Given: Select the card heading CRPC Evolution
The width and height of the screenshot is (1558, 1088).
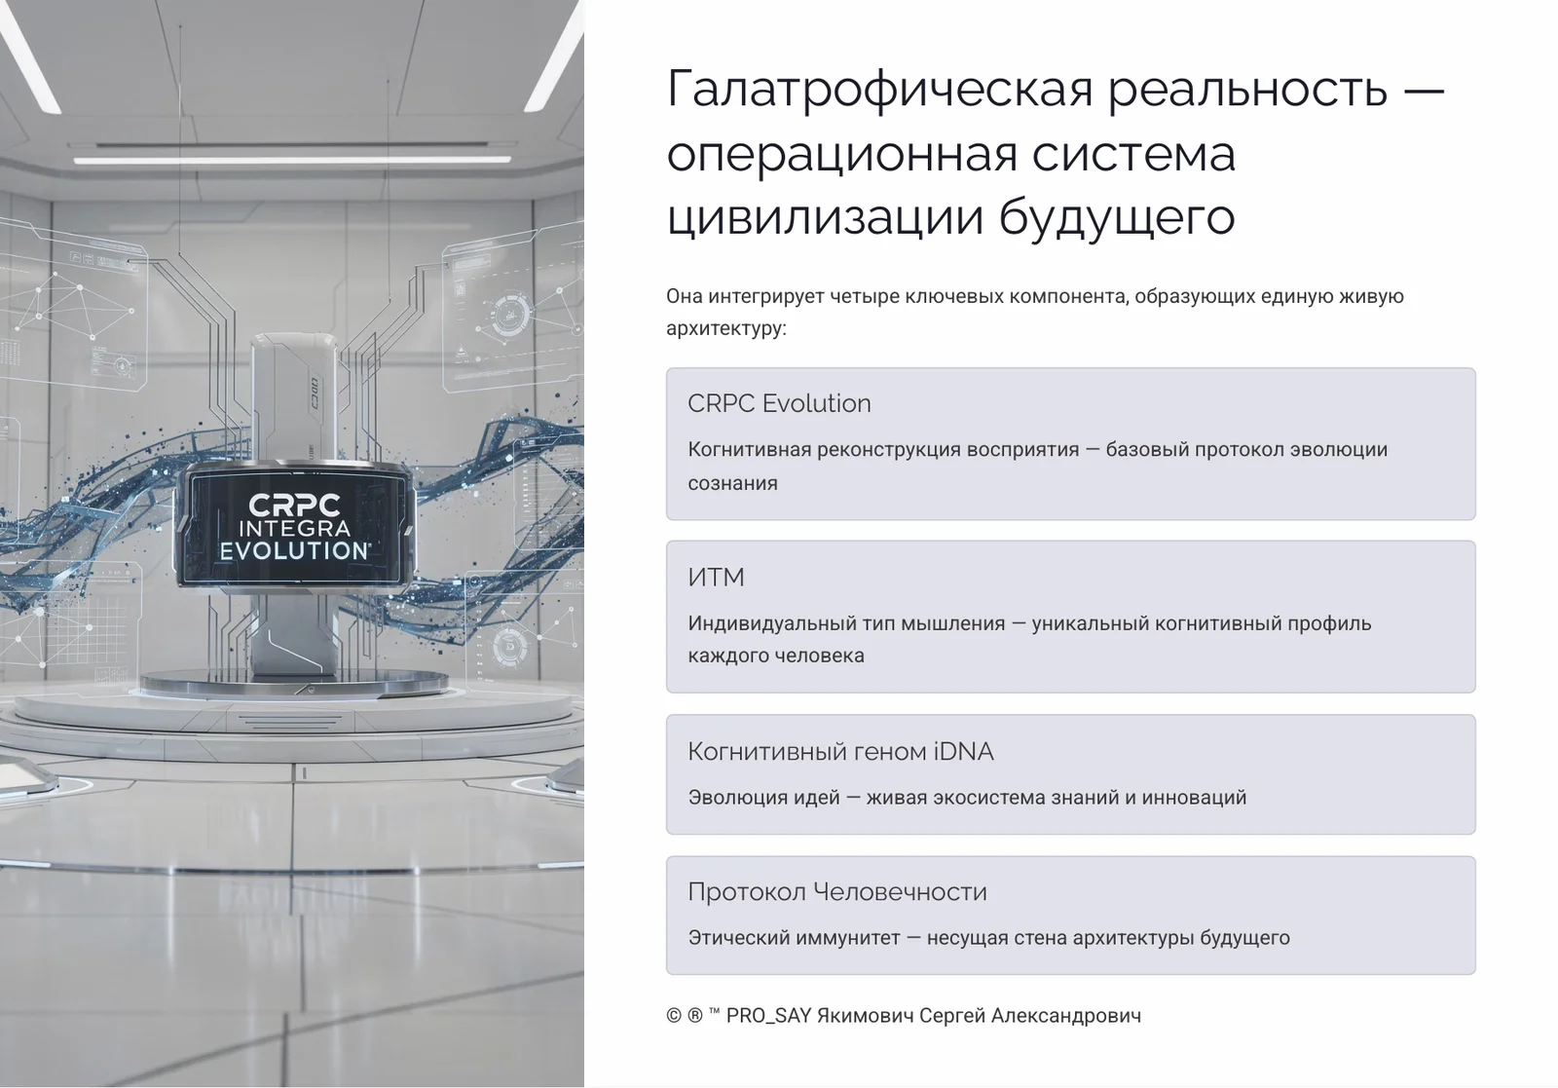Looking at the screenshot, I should pos(779,403).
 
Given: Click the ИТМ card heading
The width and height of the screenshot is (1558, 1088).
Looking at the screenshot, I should pos(716,578).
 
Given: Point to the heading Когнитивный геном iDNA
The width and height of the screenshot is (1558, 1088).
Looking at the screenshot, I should pos(840,751).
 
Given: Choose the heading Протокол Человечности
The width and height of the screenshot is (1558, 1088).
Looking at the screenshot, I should pos(836,891).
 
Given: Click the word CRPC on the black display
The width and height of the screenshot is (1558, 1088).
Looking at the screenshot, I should pos(294,506).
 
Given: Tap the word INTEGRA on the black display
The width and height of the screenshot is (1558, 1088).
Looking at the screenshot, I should pos(294,529).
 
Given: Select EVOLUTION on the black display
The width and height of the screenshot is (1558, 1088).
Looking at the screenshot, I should pos(293,550).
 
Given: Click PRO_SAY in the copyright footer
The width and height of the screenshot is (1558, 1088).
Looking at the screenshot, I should pos(768,1016).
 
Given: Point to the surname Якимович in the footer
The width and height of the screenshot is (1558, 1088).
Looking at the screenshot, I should pos(865,1016).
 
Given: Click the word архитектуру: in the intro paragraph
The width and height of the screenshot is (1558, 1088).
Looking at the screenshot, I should pos(725,328).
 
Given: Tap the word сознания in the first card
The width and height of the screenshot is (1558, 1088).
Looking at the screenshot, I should pos(732,483).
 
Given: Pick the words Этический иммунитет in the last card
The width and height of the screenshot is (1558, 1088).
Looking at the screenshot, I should pos(794,938).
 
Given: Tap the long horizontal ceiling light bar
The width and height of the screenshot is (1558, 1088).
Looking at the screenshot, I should pos(292,159).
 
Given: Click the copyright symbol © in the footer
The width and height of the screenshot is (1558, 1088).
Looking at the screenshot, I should pos(674,1016).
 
